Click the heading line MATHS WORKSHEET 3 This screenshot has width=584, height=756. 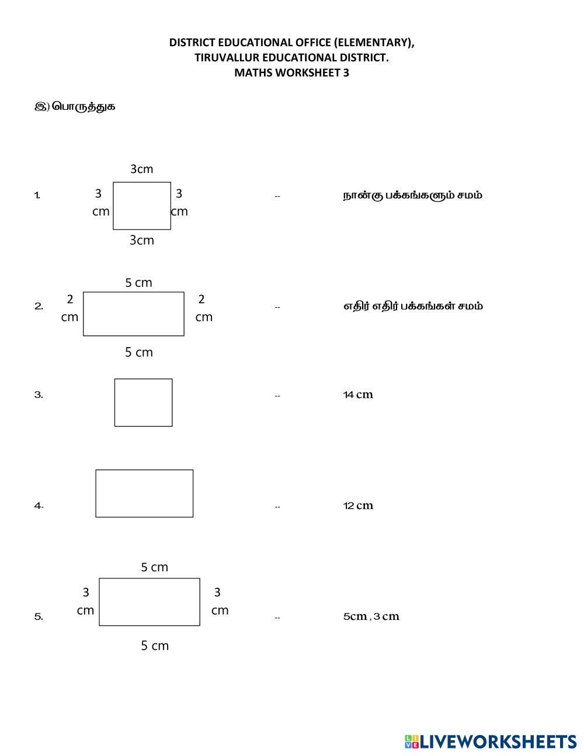click(291, 73)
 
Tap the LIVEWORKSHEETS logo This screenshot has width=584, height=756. click(491, 741)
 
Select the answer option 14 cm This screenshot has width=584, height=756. click(358, 395)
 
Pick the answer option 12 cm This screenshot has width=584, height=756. click(358, 506)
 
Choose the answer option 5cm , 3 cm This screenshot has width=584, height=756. click(371, 616)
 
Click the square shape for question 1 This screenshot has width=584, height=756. click(142, 206)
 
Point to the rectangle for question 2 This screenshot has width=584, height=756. click(134, 314)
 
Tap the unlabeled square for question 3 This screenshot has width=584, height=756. click(143, 403)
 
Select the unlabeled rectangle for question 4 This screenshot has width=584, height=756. click(144, 494)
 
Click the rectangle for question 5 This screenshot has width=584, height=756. click(150, 602)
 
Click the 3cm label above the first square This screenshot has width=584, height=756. click(141, 169)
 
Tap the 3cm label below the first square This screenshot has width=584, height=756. click(141, 240)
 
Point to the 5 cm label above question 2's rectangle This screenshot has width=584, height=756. click(138, 283)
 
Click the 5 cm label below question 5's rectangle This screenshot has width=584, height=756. click(155, 646)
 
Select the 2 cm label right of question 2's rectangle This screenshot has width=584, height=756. click(203, 308)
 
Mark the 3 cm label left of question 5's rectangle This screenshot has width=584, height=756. click(85, 601)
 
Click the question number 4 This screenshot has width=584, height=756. click(39, 506)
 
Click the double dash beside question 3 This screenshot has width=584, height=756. click(277, 396)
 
